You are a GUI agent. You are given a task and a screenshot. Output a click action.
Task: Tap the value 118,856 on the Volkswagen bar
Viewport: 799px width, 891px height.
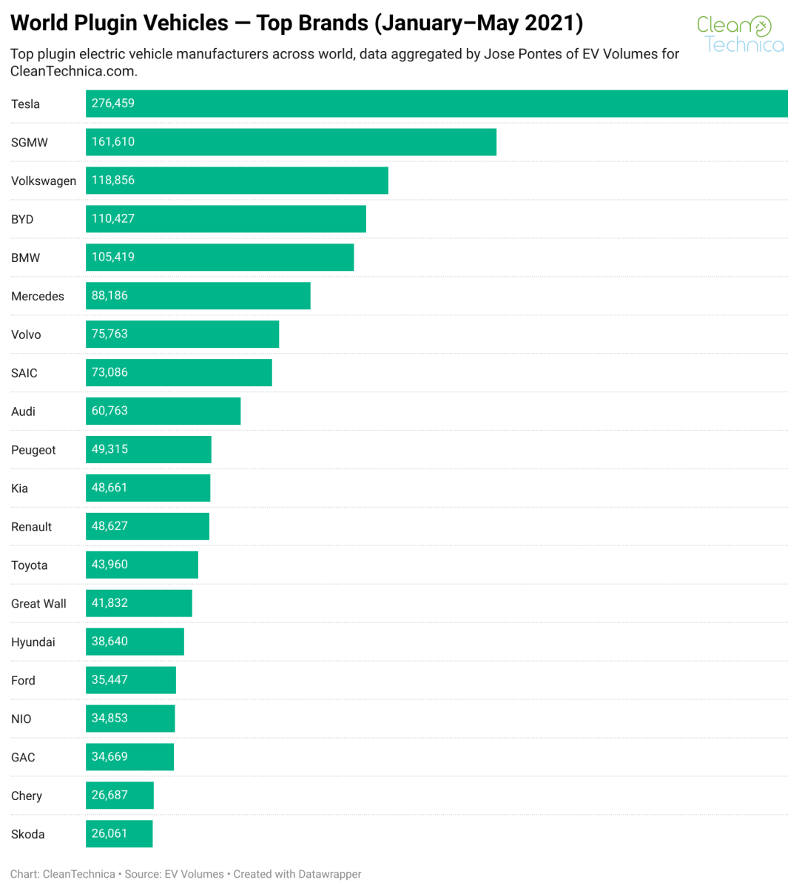113,181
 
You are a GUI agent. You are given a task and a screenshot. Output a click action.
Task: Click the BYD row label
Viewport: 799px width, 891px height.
22,220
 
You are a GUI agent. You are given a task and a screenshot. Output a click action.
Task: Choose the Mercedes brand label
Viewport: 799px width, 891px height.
38,297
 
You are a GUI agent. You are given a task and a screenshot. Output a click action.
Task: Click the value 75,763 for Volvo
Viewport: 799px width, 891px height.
109,334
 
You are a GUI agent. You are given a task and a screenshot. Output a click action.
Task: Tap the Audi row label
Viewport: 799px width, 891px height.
23,412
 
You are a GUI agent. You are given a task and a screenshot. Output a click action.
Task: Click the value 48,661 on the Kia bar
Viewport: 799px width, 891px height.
109,488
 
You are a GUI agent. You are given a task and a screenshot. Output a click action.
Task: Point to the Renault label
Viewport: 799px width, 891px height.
31,528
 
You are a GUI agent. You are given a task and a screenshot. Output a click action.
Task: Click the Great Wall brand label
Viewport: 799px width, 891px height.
38,605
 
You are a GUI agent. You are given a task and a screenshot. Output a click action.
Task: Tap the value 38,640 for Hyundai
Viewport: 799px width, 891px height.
109,642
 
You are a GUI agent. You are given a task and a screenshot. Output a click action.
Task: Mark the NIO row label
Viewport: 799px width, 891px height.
21,720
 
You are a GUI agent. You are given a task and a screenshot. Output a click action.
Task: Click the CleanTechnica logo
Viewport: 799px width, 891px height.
740,35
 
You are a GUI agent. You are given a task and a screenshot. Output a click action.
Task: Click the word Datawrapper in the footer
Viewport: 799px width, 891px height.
329,875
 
